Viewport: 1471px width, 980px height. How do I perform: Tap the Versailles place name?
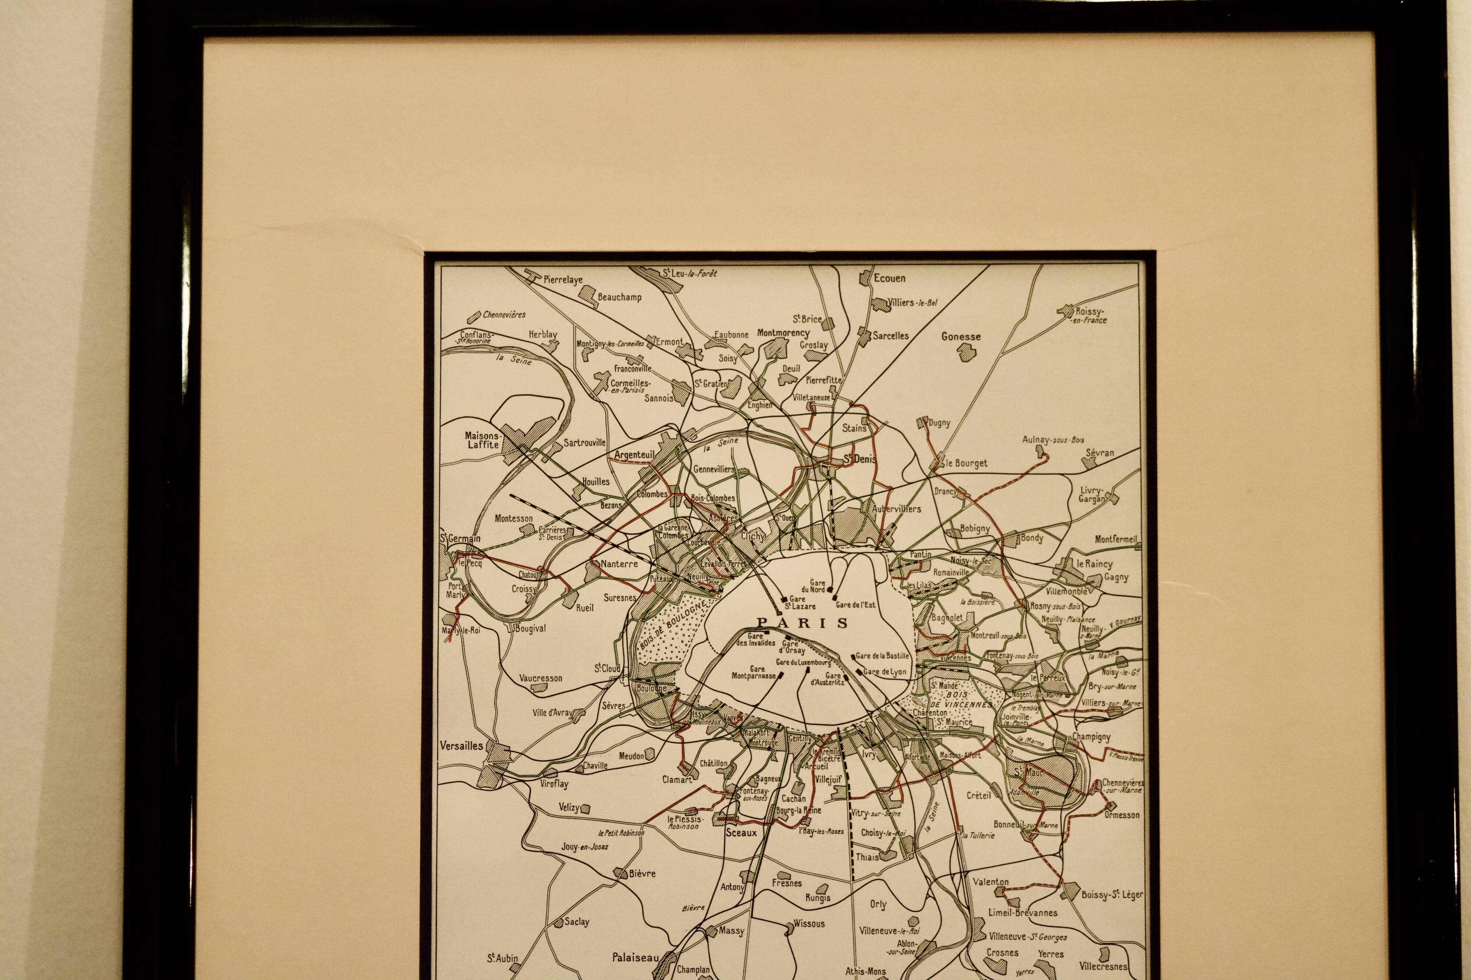coord(462,746)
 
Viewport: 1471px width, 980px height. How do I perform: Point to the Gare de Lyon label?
coord(884,672)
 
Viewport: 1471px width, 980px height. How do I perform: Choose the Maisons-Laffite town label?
coord(482,440)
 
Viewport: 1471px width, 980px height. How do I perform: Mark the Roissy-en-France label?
coord(1090,315)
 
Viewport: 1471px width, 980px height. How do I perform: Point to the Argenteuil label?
coord(634,455)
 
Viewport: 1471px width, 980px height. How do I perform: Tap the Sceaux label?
coord(741,833)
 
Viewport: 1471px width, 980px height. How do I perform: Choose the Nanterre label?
coord(619,564)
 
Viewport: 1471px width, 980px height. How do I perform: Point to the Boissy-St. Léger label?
coord(1112,895)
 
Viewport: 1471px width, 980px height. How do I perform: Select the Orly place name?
coord(878,904)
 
